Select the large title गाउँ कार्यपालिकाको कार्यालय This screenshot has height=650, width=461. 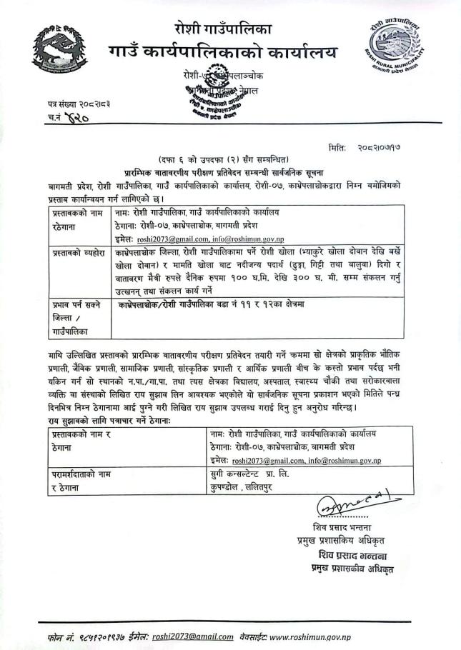pyautogui.click(x=224, y=54)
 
